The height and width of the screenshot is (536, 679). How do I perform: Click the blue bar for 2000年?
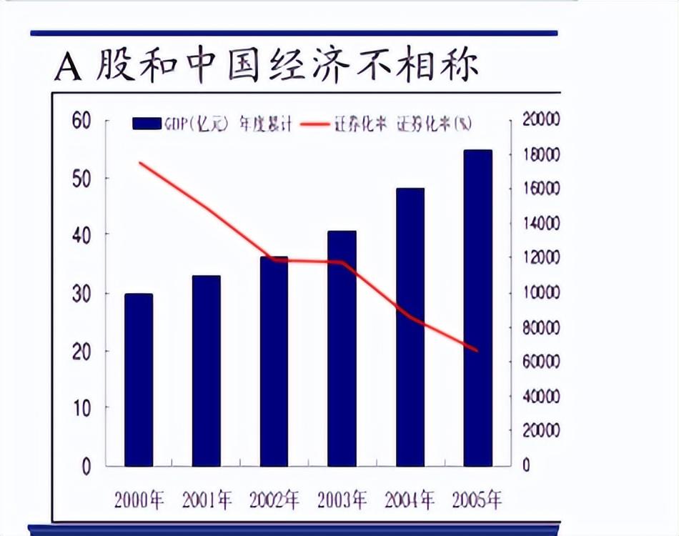pyautogui.click(x=139, y=379)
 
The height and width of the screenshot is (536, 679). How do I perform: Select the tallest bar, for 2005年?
pyautogui.click(x=477, y=308)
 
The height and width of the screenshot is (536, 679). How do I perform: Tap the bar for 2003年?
pyautogui.click(x=342, y=349)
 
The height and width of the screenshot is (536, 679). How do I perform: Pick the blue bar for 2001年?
pyautogui.click(x=207, y=370)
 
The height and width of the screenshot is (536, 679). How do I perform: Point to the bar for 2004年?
pyautogui.click(x=410, y=327)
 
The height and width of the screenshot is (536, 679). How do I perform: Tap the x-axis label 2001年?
pyautogui.click(x=207, y=499)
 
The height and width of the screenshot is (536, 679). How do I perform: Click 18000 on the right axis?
pyautogui.click(x=542, y=154)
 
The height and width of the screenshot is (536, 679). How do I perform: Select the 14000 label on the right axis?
pyautogui.click(x=542, y=224)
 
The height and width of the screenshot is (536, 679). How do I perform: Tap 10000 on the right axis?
pyautogui.click(x=542, y=292)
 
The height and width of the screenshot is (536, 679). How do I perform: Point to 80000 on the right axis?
pyautogui.click(x=542, y=327)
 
